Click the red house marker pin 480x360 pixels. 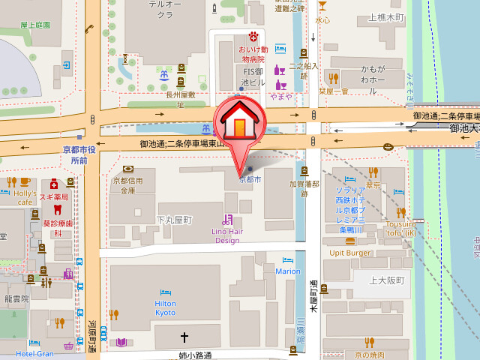pos(238,124)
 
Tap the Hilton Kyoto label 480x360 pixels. pos(165,307)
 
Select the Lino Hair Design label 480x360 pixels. pos(226,235)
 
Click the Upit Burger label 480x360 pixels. pos(350,253)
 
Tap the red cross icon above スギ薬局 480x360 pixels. pos(54,184)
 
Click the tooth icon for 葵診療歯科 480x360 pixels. pos(36,212)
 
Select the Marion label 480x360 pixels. pos(287,271)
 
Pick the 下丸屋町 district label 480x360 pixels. pos(174,220)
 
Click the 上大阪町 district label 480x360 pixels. pos(387,280)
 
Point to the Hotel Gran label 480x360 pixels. pos(34,353)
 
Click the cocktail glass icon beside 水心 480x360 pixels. pos(322,6)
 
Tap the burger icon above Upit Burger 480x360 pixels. pos(350,241)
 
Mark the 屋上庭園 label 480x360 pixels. pos(35,25)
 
